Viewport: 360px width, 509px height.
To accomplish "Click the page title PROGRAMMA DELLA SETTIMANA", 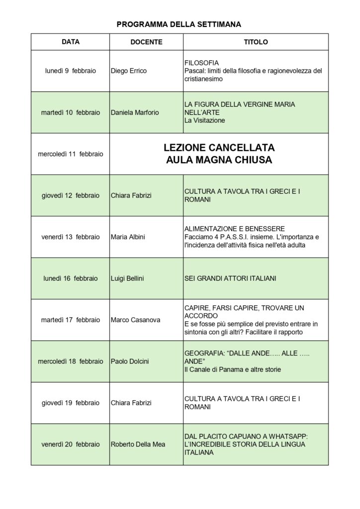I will (179, 24).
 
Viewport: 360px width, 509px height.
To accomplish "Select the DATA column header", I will (71, 42).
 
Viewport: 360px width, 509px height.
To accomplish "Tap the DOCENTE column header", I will (146, 42).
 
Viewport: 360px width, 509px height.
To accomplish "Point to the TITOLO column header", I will (256, 42).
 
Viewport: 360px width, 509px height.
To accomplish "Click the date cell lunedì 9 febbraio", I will (71, 71).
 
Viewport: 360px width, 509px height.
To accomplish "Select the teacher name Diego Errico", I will (129, 71).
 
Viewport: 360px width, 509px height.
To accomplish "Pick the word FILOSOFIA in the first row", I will (201, 63).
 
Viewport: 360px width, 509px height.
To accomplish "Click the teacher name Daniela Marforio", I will (135, 112).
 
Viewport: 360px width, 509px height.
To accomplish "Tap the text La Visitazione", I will (204, 120).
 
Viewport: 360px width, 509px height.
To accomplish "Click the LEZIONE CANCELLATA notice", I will (219, 148).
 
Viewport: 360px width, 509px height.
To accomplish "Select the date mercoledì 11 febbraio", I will (71, 154).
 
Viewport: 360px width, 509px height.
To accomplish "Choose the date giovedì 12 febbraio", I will (71, 195).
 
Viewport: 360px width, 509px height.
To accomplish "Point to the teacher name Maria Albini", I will (128, 237).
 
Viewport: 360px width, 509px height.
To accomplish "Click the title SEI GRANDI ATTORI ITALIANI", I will (230, 278).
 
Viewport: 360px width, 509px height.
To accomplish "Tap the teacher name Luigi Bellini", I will (127, 278).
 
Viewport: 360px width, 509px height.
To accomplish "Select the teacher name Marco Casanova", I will (135, 320).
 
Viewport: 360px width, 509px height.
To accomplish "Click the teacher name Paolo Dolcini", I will (130, 361).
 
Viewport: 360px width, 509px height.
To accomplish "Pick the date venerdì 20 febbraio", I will (71, 444).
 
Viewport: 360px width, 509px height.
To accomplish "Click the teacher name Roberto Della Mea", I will (138, 444).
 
